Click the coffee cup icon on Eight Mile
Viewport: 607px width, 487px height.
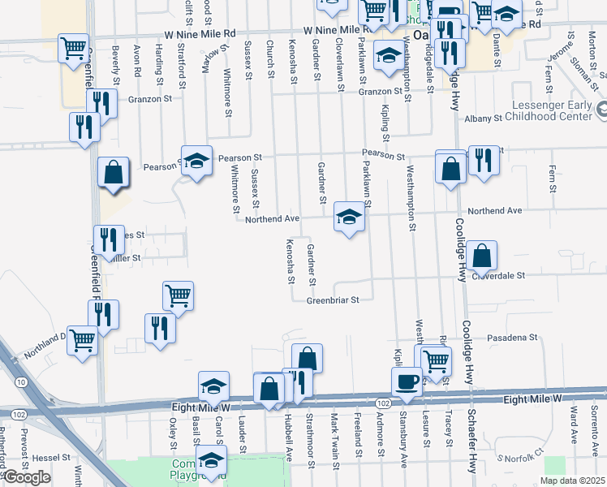click(x=407, y=381)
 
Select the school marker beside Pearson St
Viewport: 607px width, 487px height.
click(x=196, y=162)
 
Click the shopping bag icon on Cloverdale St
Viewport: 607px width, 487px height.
click(x=482, y=256)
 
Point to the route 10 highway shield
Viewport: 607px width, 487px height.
click(x=19, y=381)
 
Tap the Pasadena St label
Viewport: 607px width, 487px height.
click(x=512, y=337)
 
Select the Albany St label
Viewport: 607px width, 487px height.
click(x=484, y=119)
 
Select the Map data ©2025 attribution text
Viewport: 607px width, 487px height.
click(x=572, y=481)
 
